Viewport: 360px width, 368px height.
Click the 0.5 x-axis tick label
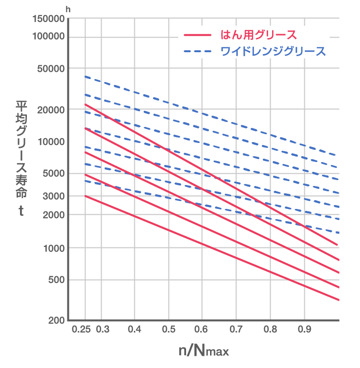[169, 330]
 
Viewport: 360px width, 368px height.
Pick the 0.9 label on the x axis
[304, 330]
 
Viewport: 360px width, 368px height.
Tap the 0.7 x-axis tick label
[236, 330]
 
